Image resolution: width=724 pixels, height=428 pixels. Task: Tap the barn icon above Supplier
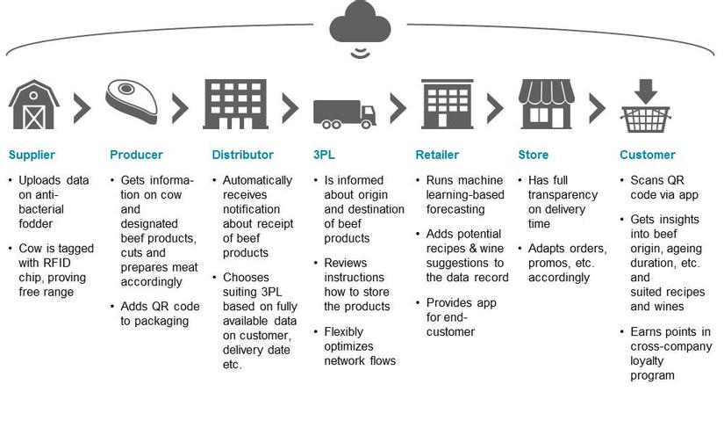34,105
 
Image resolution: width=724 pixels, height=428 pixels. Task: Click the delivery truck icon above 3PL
345,113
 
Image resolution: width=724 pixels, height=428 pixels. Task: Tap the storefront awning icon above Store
546,105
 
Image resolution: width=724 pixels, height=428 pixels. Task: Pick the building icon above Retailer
446,105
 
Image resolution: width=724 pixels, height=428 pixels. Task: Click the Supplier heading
32,156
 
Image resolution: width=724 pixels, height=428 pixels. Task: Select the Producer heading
136,156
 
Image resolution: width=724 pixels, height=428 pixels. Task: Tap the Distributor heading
242,156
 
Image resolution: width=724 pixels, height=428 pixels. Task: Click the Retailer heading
437,156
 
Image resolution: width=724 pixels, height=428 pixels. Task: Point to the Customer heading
648,156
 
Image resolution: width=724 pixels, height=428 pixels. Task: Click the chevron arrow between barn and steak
82,107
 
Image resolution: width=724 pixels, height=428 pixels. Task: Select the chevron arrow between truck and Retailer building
398,107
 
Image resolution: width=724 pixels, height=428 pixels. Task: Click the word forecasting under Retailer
455,209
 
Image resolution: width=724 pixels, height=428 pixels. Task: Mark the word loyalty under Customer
648,361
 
